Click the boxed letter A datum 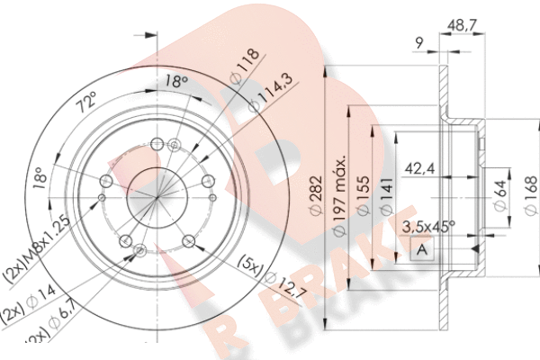click(x=420, y=250)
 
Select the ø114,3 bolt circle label click(x=254, y=94)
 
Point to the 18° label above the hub click(x=176, y=82)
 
